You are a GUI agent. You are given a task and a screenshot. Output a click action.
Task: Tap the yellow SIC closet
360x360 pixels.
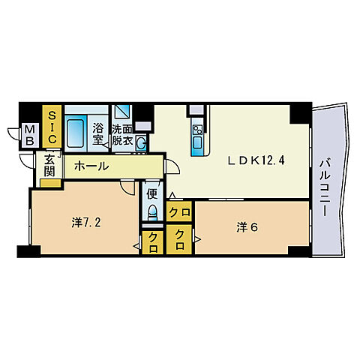click(x=52, y=127)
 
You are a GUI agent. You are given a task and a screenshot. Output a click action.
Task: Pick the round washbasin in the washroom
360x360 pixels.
click(x=140, y=142)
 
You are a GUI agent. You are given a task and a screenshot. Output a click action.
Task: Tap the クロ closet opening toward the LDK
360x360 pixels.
click(x=178, y=213)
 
